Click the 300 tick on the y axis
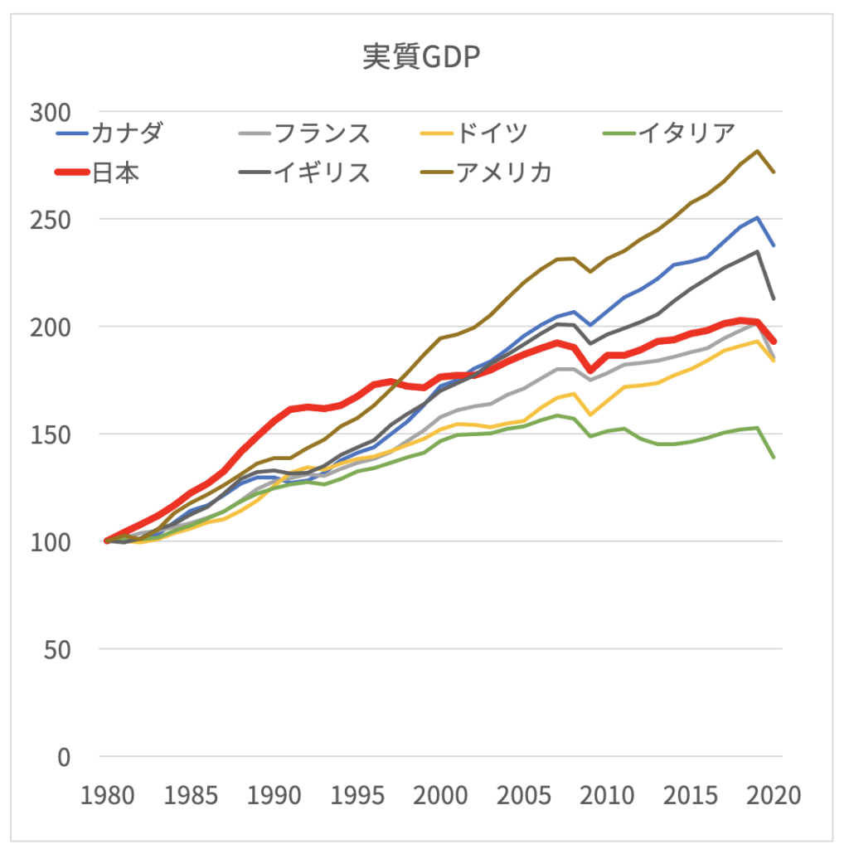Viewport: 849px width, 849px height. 51,112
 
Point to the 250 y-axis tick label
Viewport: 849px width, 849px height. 51,220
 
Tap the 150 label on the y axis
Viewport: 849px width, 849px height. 51,434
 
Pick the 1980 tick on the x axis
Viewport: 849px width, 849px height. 108,796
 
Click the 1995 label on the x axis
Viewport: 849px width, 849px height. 357,796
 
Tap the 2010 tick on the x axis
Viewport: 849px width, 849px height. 607,796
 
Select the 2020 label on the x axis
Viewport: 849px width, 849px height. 773,796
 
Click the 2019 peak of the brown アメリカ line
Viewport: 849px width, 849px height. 757,151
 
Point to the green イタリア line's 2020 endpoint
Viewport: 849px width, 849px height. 774,457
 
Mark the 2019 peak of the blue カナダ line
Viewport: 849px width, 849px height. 757,217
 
